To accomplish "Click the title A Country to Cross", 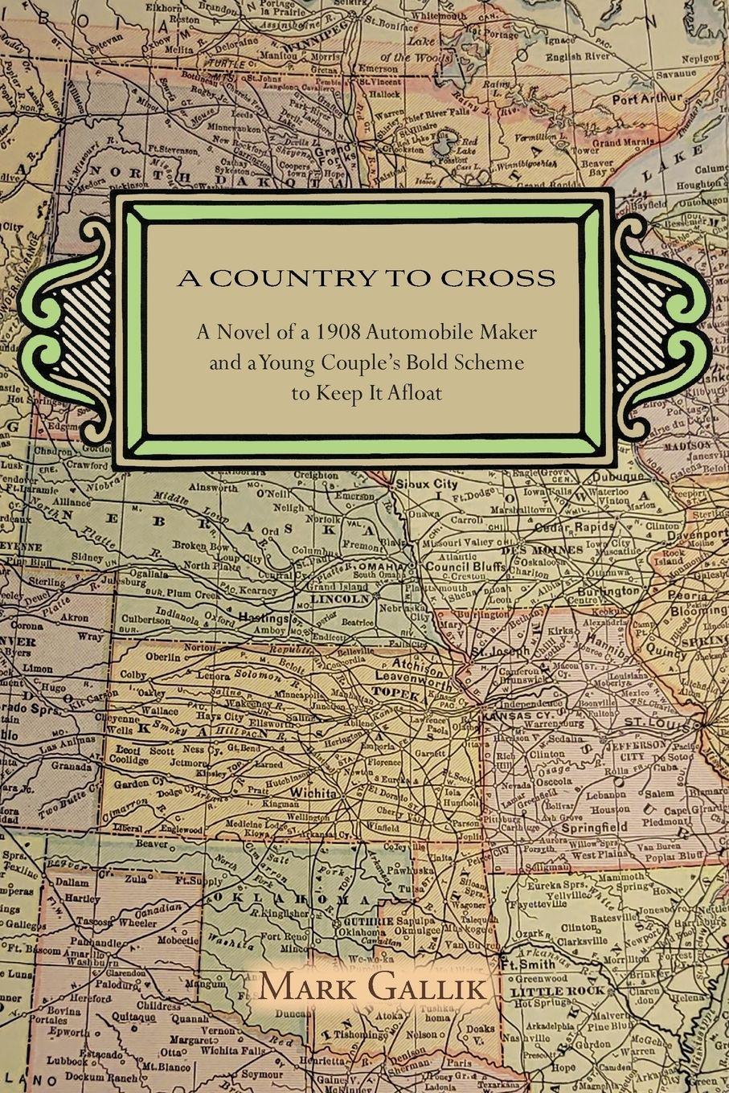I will click(x=367, y=278).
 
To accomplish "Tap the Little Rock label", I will click(x=546, y=992).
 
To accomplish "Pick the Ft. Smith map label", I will click(x=526, y=964).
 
